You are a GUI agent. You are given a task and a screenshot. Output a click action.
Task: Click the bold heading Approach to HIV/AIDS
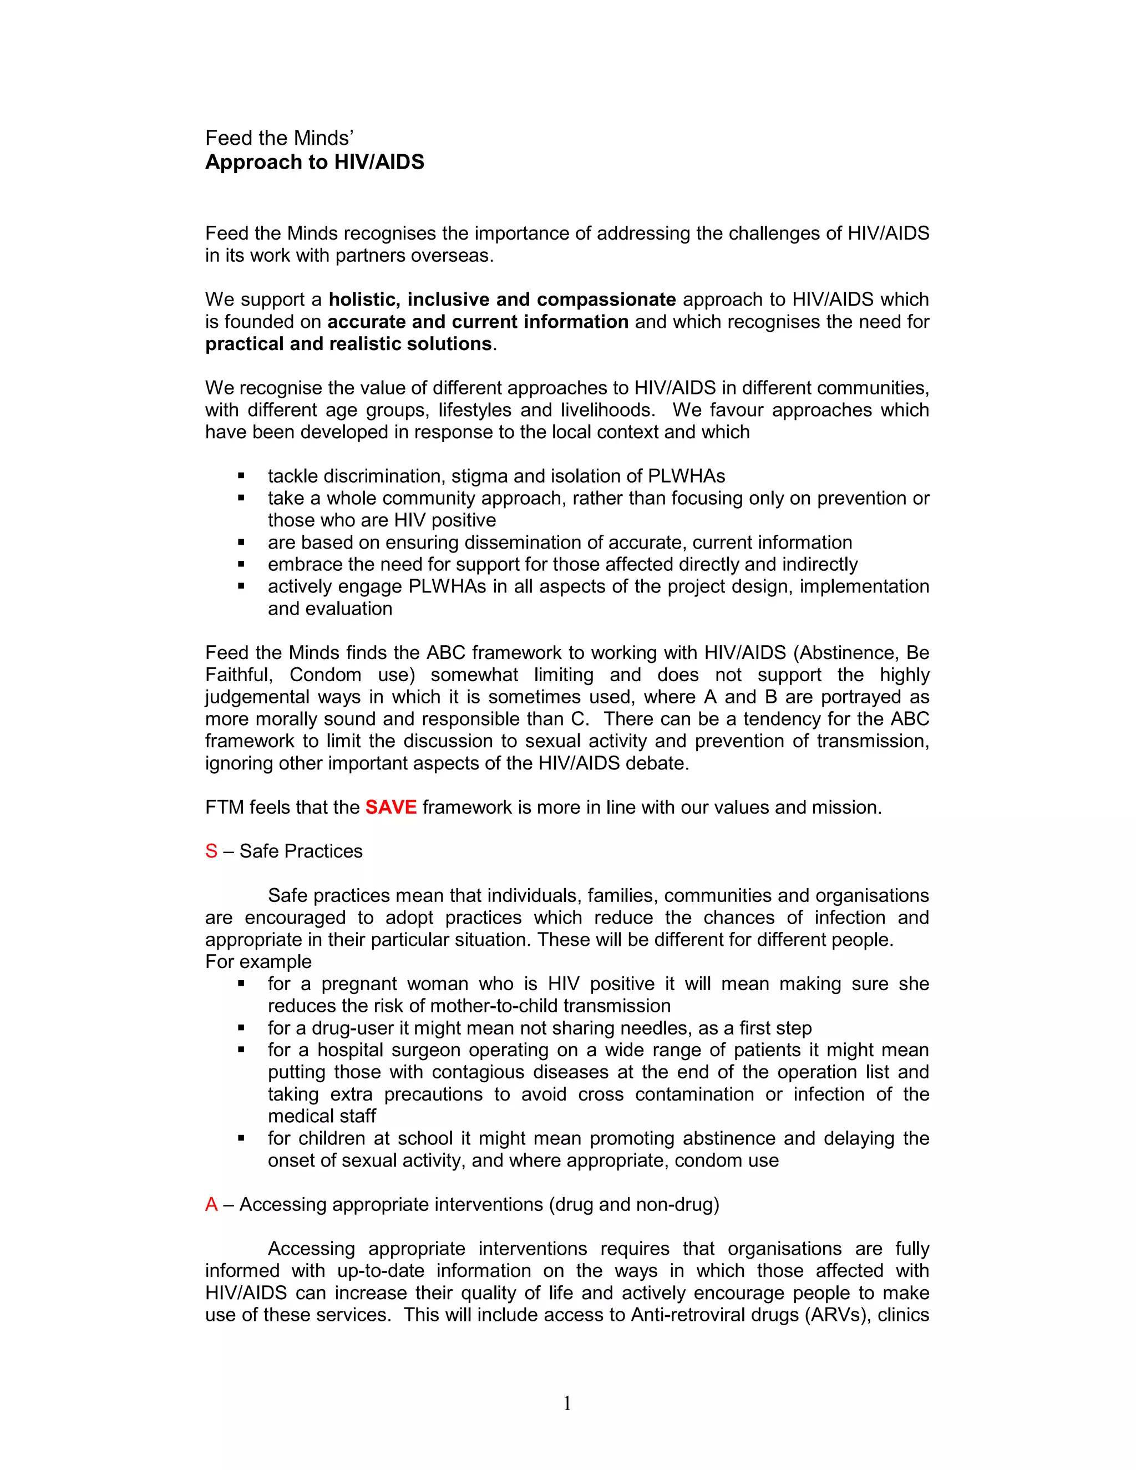click(315, 162)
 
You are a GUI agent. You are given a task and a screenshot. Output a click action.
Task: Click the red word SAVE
click(390, 807)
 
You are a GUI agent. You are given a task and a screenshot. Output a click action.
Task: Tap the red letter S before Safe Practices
click(211, 851)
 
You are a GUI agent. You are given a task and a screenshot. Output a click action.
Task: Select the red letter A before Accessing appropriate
click(211, 1204)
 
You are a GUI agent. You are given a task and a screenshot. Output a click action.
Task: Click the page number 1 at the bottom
click(567, 1403)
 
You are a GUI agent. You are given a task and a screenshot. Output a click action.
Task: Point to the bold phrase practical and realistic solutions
click(348, 344)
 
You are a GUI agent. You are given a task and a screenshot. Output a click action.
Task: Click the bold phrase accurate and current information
click(478, 322)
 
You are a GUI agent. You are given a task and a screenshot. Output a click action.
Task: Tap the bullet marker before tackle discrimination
click(241, 477)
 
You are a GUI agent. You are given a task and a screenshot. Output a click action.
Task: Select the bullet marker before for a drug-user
click(241, 1028)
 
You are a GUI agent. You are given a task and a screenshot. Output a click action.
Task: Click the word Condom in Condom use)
click(326, 675)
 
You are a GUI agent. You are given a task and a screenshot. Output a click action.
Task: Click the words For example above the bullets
click(258, 962)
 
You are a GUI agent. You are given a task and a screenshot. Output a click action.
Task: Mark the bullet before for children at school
click(241, 1139)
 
